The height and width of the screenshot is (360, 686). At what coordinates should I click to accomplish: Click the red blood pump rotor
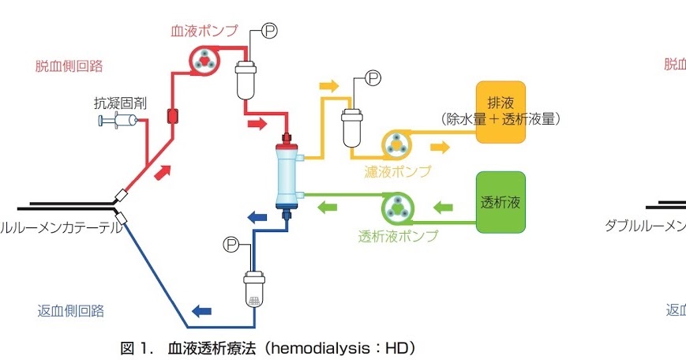(204, 62)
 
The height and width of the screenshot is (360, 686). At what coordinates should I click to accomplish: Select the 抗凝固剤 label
(119, 103)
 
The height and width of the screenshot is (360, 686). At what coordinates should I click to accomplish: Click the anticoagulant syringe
(118, 121)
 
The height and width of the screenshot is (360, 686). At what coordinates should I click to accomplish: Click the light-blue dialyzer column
(285, 174)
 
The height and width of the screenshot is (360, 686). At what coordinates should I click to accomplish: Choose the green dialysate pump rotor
(396, 209)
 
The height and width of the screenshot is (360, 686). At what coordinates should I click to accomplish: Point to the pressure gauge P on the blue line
(231, 243)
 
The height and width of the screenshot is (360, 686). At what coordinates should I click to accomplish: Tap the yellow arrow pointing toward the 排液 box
(440, 147)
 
